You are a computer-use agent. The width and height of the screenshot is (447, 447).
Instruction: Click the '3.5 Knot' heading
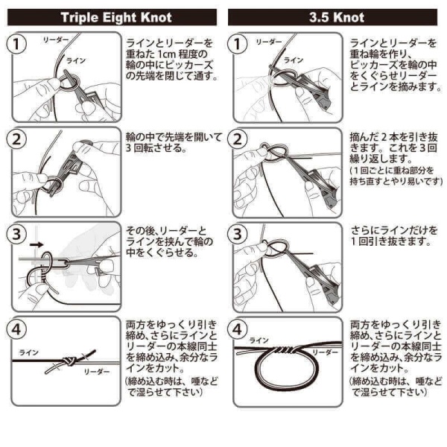(x=333, y=17)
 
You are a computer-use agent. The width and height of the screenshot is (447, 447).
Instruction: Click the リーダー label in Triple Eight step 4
(x=96, y=370)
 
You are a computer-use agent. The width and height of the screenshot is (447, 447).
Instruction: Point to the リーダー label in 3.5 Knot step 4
(x=321, y=349)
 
